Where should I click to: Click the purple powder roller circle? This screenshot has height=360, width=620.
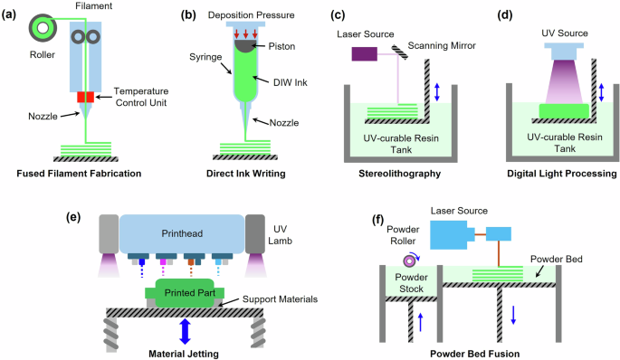(x=404, y=259)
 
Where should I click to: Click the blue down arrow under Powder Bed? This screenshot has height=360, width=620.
(x=514, y=314)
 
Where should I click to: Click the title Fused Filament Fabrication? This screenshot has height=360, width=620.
(x=85, y=171)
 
